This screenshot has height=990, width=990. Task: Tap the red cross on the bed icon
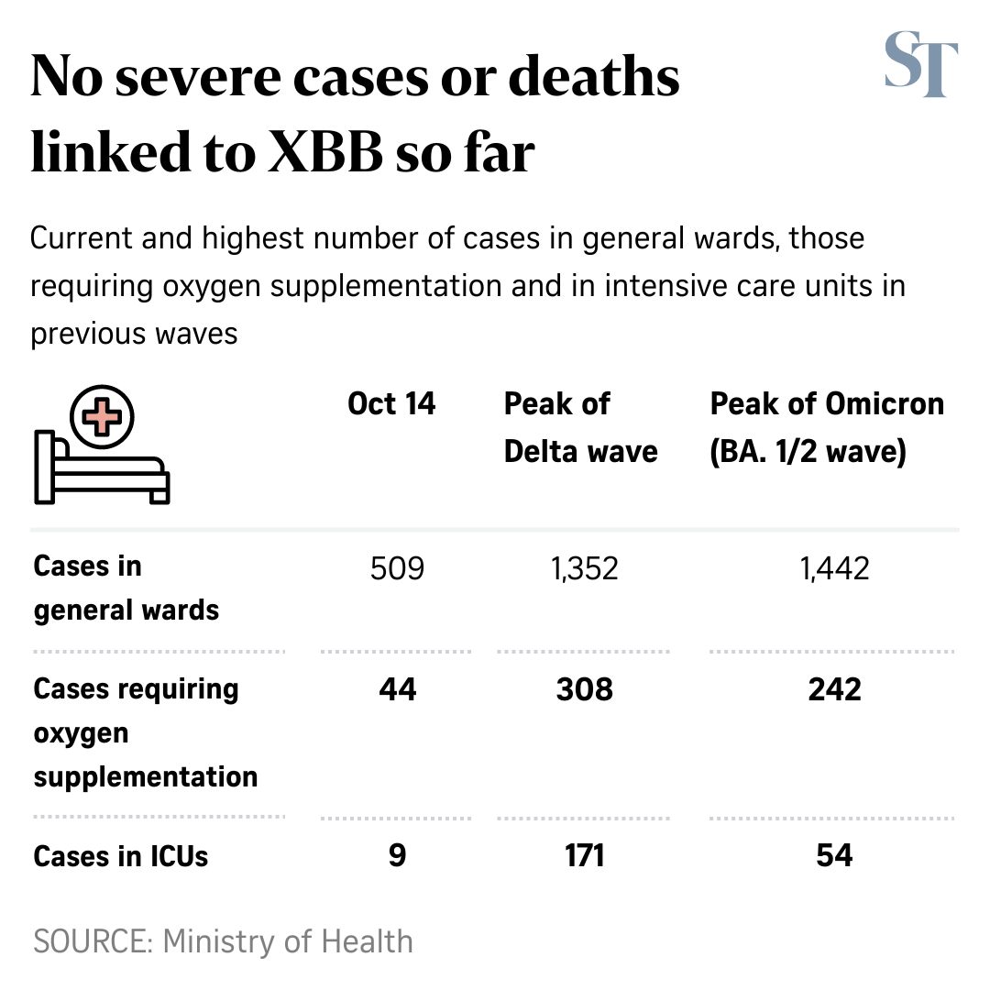pyautogui.click(x=103, y=418)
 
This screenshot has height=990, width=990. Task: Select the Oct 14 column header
pyautogui.click(x=391, y=404)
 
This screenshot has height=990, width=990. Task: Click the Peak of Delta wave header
pyautogui.click(x=580, y=427)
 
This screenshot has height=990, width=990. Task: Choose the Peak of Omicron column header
pyautogui.click(x=826, y=427)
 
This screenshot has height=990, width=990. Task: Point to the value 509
pyautogui.click(x=397, y=569)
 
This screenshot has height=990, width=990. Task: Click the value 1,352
pyautogui.click(x=585, y=569)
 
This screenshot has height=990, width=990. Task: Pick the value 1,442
pyautogui.click(x=834, y=569)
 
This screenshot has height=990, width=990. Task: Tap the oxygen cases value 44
pyautogui.click(x=397, y=689)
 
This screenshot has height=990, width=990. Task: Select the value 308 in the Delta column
pyautogui.click(x=585, y=689)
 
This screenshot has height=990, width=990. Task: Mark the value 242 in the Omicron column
pyautogui.click(x=834, y=689)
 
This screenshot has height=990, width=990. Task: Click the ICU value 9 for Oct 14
pyautogui.click(x=397, y=856)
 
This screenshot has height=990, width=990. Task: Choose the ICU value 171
pyautogui.click(x=585, y=856)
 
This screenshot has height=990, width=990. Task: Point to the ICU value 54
pyautogui.click(x=834, y=856)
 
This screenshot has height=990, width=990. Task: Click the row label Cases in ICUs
pyautogui.click(x=121, y=856)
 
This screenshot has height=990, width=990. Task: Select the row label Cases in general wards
pyautogui.click(x=126, y=588)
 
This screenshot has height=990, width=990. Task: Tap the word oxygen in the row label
pyautogui.click(x=81, y=734)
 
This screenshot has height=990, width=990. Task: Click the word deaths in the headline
pyautogui.click(x=594, y=78)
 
